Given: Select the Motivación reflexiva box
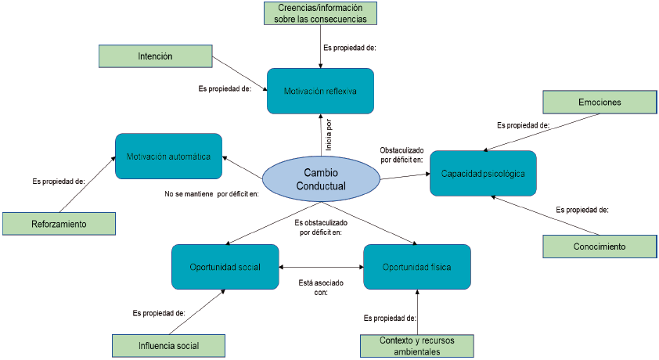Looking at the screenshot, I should point(320,92).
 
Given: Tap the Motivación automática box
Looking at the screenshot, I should point(168,157).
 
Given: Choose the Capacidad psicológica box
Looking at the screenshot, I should point(483,173).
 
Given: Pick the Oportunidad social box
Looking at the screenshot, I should point(225,267).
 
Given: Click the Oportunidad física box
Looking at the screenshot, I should point(417,267).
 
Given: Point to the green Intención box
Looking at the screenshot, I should point(156,56).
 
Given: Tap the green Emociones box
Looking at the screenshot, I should point(600,102).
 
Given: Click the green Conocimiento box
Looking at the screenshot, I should point(600,247).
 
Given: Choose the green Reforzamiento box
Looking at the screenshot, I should point(59,224).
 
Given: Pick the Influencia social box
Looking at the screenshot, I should point(168,345).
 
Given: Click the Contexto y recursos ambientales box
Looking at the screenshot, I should point(416,345).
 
